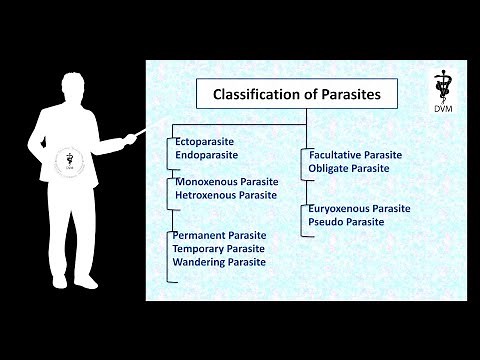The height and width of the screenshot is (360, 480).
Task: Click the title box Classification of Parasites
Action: [x=296, y=96]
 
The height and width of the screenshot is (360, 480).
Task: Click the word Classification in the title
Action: [x=260, y=96]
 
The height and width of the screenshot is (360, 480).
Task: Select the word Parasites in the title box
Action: [x=348, y=96]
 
